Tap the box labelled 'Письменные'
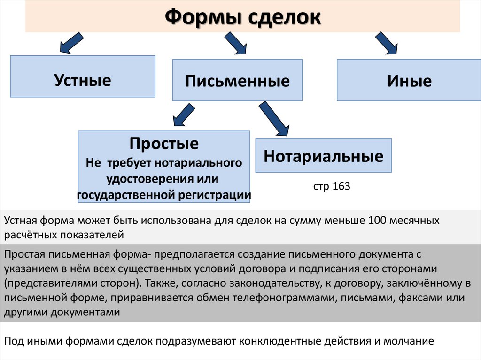[x=237, y=81]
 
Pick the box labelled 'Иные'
[x=409, y=81]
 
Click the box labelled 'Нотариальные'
[x=323, y=156]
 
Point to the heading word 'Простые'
[x=164, y=143]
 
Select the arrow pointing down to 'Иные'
[x=387, y=44]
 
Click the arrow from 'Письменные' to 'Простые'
[x=184, y=115]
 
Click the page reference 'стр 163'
[x=332, y=186]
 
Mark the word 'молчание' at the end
[x=411, y=341]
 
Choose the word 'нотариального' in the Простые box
[x=207, y=163]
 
